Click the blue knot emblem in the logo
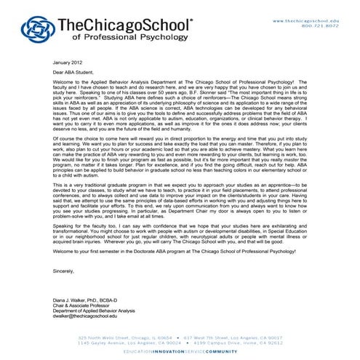36,29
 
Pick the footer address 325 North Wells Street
105,337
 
